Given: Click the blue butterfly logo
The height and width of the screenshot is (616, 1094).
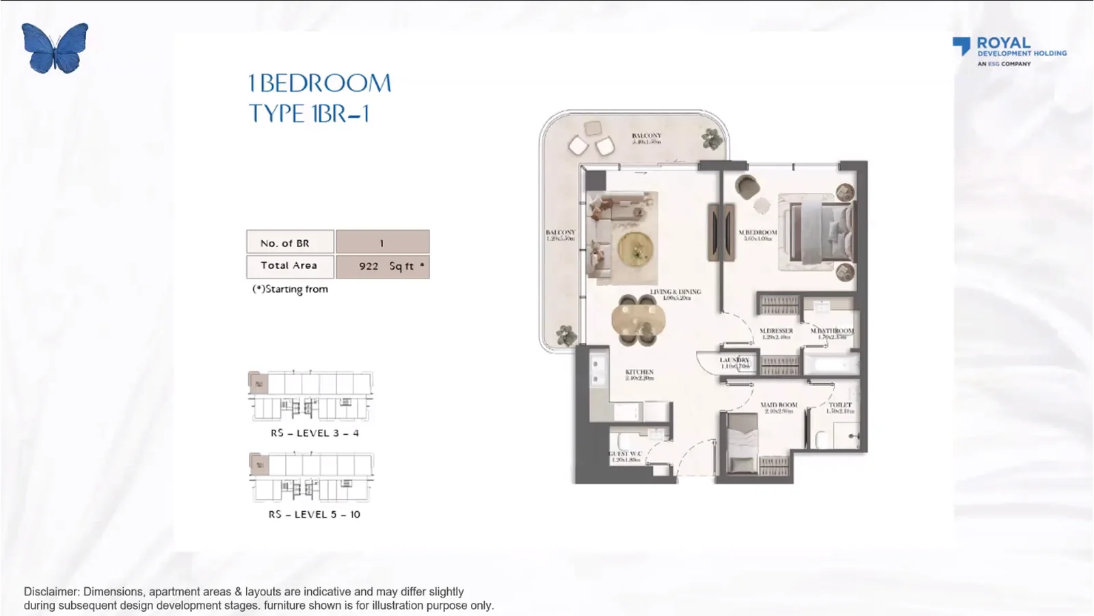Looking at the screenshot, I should (55, 48).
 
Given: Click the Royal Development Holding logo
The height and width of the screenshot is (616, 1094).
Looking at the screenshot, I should (1009, 51).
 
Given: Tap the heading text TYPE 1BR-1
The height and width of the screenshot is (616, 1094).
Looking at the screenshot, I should (309, 114).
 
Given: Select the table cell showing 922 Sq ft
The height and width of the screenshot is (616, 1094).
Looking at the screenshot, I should (383, 266).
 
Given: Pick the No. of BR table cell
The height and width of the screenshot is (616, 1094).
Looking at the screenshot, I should (290, 242).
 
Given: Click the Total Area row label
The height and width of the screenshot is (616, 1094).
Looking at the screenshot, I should (290, 266).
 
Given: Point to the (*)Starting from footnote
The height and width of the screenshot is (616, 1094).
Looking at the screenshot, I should (291, 289).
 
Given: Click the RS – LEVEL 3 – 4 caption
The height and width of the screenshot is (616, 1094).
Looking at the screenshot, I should (315, 433).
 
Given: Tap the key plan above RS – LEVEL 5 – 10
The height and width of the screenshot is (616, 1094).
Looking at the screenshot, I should (311, 476).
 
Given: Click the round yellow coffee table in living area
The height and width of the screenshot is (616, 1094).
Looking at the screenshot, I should (636, 248).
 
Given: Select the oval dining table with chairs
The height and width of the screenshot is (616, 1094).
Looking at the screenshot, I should (638, 320).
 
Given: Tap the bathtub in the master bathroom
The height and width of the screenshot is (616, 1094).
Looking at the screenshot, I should (830, 363).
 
